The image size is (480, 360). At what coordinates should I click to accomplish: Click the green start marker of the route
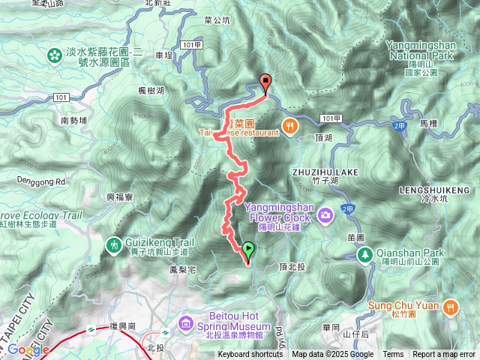click(x=248, y=250)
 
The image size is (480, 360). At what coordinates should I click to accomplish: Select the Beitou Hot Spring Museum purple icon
click(x=186, y=323)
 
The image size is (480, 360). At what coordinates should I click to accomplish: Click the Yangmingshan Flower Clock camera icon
click(x=325, y=215)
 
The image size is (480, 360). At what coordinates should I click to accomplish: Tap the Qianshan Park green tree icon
click(x=365, y=256)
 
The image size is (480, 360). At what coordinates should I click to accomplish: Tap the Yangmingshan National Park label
click(x=430, y=49)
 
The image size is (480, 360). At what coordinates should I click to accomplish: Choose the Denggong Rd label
click(x=41, y=181)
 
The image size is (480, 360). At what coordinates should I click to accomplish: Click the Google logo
click(x=28, y=349)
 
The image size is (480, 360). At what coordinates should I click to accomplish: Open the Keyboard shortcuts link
click(x=250, y=355)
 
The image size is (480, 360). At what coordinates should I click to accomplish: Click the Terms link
click(x=393, y=355)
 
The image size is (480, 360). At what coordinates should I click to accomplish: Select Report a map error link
click(x=444, y=355)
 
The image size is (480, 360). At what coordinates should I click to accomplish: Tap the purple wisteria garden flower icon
click(x=55, y=55)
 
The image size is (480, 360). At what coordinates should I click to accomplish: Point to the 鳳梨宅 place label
click(x=183, y=268)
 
